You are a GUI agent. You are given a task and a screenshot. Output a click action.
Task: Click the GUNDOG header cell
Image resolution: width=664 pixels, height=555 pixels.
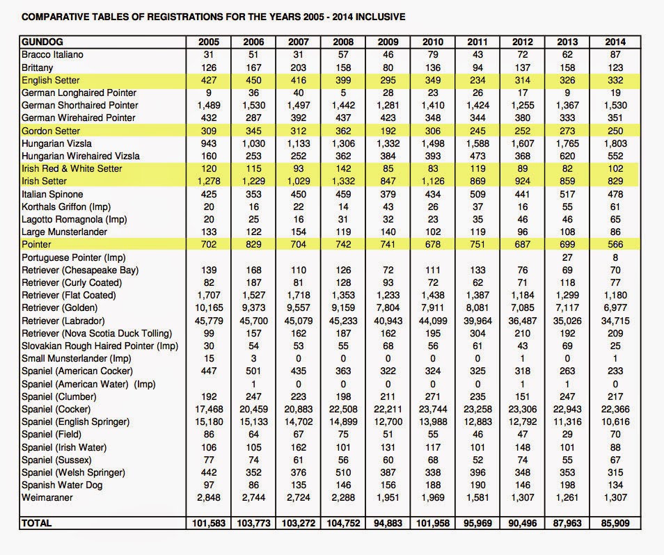tap(42, 42)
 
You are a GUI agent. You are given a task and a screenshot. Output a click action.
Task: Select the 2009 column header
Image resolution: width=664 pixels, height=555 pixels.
tap(388, 42)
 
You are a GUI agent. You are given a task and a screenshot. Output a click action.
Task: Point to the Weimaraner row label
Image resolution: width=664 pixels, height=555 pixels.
tap(47, 497)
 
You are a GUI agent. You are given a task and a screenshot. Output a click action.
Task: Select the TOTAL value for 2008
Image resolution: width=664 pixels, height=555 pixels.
tap(342, 523)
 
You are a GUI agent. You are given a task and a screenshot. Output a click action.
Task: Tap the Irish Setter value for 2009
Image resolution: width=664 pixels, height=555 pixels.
tap(388, 181)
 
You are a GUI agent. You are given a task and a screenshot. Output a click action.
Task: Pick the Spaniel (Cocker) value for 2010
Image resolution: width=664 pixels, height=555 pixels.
tap(433, 409)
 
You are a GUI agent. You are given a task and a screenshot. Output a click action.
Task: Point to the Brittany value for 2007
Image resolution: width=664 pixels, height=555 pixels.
tap(297, 67)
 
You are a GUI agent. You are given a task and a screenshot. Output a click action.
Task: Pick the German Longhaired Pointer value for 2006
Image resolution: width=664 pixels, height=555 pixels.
tap(252, 92)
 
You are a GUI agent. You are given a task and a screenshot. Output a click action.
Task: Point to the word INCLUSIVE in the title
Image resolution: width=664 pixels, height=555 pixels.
tap(380, 15)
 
